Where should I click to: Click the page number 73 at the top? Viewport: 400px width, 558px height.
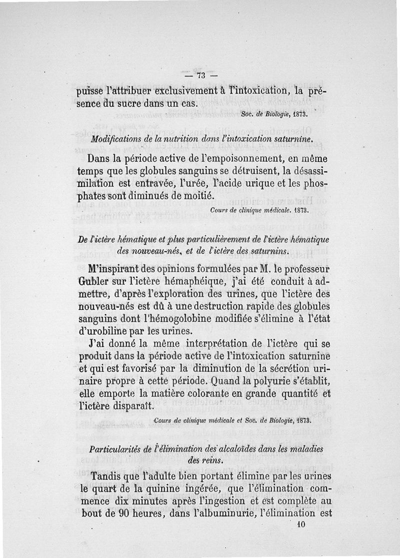(x=201, y=76)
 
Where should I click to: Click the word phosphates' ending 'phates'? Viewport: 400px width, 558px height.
(x=94, y=195)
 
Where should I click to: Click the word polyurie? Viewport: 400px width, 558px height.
(x=268, y=383)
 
